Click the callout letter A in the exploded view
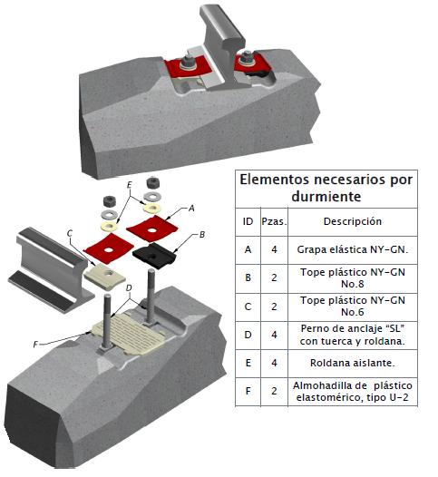tap(191, 209)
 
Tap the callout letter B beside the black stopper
tap(201, 235)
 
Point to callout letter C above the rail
tap(70, 234)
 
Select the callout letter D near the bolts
tap(129, 287)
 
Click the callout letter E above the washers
tap(130, 185)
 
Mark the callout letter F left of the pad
tap(35, 345)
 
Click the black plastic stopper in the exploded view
tap(154, 255)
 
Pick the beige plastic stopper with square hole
tap(104, 273)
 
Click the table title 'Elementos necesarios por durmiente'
tap(326, 188)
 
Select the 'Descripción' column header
tap(353, 221)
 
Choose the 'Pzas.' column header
tap(274, 222)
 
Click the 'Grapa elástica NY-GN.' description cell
tap(353, 249)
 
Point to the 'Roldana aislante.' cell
tap(353, 363)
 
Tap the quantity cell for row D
tap(274, 335)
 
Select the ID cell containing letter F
tap(248, 391)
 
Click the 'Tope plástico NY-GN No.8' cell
tap(353, 278)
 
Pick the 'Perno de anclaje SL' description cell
tap(353, 335)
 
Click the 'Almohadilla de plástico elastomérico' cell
tap(353, 392)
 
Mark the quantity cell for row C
tap(274, 307)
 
